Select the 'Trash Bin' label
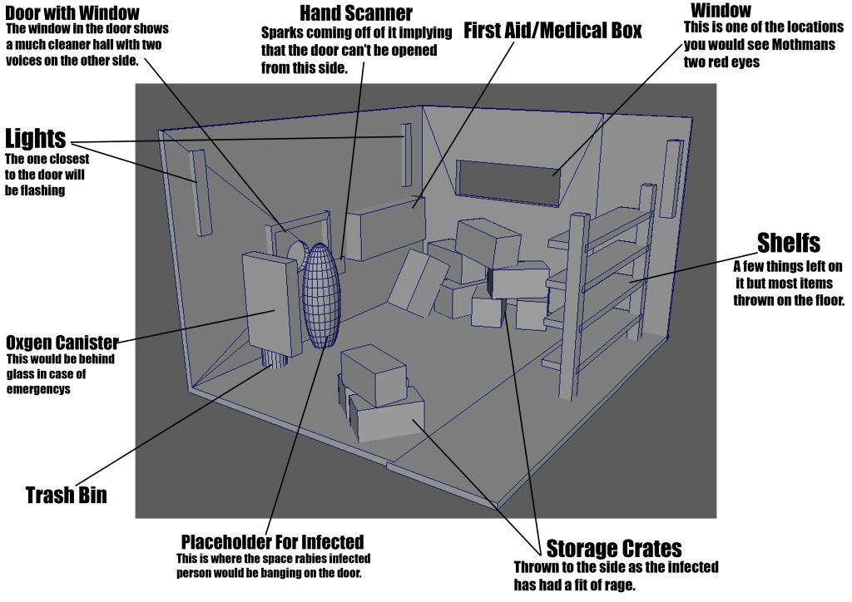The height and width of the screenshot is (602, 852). pyautogui.click(x=67, y=496)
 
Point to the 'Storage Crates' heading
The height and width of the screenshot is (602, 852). pyautogui.click(x=614, y=549)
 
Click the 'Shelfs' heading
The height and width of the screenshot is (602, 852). pyautogui.click(x=788, y=243)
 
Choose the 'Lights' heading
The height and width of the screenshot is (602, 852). pyautogui.click(x=35, y=139)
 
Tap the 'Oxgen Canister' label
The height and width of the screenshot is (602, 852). pyautogui.click(x=62, y=343)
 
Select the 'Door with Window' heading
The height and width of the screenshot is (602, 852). pyautogui.click(x=72, y=12)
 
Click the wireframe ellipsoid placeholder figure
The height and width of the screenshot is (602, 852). pyautogui.click(x=320, y=295)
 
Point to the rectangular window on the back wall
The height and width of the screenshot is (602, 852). pyautogui.click(x=508, y=183)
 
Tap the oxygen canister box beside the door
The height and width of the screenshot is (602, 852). pyautogui.click(x=268, y=303)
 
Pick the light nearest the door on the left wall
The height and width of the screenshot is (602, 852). pyautogui.click(x=199, y=191)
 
